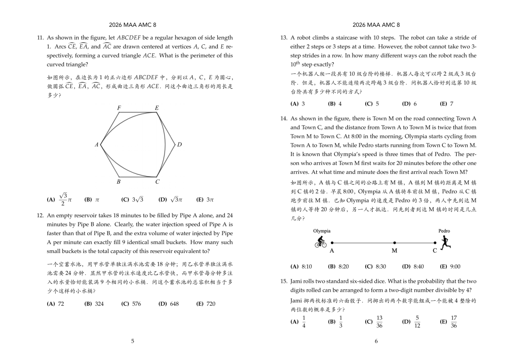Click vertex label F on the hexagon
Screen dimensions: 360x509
point(119,108)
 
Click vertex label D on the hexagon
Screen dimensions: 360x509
point(180,144)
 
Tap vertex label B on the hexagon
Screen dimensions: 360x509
point(118,181)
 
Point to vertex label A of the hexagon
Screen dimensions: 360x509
point(96,144)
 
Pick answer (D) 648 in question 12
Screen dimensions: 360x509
point(169,304)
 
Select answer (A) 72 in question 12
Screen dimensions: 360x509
point(56,304)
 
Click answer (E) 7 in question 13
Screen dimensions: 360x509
point(446,104)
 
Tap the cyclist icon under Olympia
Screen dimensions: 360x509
point(320,242)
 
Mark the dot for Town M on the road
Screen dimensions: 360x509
point(394,243)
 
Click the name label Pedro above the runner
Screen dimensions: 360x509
point(444,231)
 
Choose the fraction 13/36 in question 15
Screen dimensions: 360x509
point(379,322)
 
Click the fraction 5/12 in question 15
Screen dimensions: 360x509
point(417,322)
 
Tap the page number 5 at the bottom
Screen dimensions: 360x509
point(132,341)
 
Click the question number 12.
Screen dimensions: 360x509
point(40,215)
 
